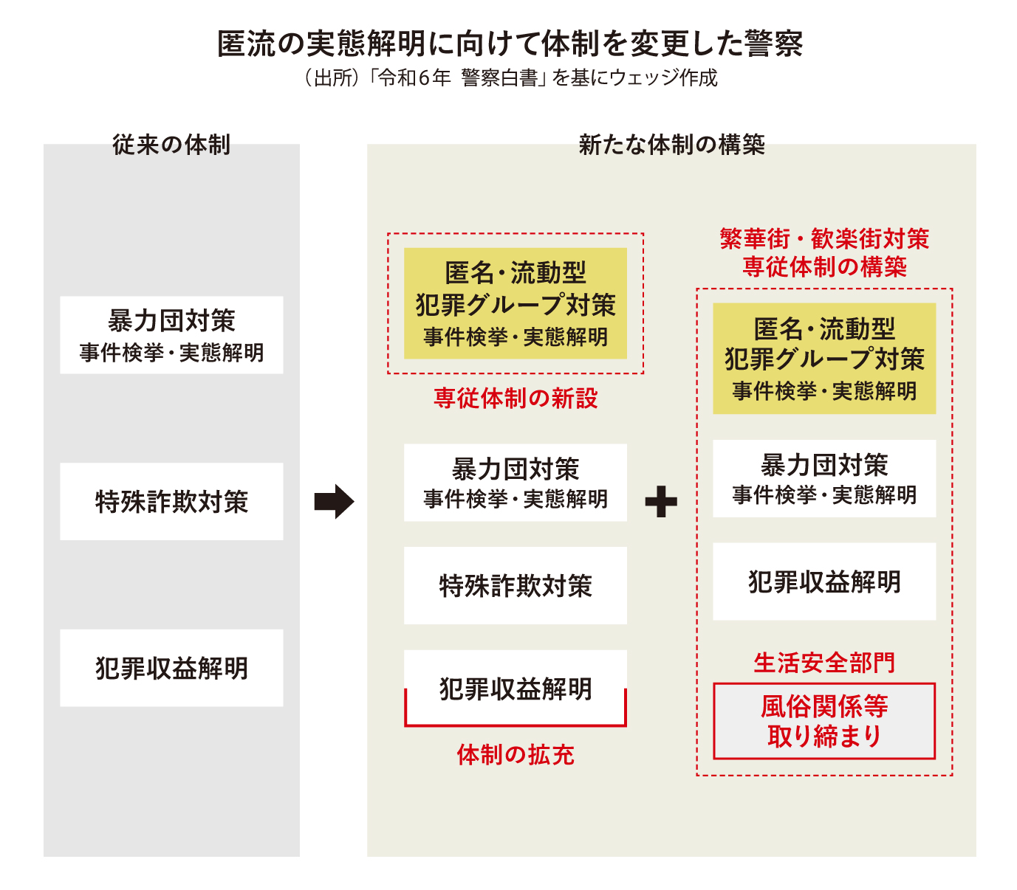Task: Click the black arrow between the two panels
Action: pyautogui.click(x=334, y=502)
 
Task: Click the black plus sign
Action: pyautogui.click(x=661, y=502)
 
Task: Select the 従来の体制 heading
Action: pyautogui.click(x=171, y=145)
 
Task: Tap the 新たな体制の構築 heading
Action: pyautogui.click(x=671, y=145)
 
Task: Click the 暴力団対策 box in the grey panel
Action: pyautogui.click(x=171, y=335)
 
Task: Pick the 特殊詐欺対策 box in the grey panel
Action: pyautogui.click(x=171, y=502)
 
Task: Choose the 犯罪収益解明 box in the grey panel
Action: pyautogui.click(x=171, y=668)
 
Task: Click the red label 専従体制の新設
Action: pyautogui.click(x=516, y=399)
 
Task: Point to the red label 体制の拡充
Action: pyautogui.click(x=516, y=754)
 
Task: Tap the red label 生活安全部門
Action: pyautogui.click(x=824, y=663)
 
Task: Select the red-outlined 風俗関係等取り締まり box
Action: pyautogui.click(x=824, y=721)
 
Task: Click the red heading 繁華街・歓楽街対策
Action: pyautogui.click(x=824, y=239)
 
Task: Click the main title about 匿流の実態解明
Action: pyautogui.click(x=510, y=44)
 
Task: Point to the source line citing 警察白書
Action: pyautogui.click(x=510, y=77)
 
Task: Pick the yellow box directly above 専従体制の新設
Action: pyautogui.click(x=516, y=303)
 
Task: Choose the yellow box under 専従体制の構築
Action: pyautogui.click(x=824, y=359)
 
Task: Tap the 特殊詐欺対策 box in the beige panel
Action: pyautogui.click(x=516, y=585)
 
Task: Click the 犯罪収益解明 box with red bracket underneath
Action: pyautogui.click(x=516, y=688)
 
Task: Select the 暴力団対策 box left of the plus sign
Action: pyautogui.click(x=516, y=483)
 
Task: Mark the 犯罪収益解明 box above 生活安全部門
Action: pyautogui.click(x=824, y=582)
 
